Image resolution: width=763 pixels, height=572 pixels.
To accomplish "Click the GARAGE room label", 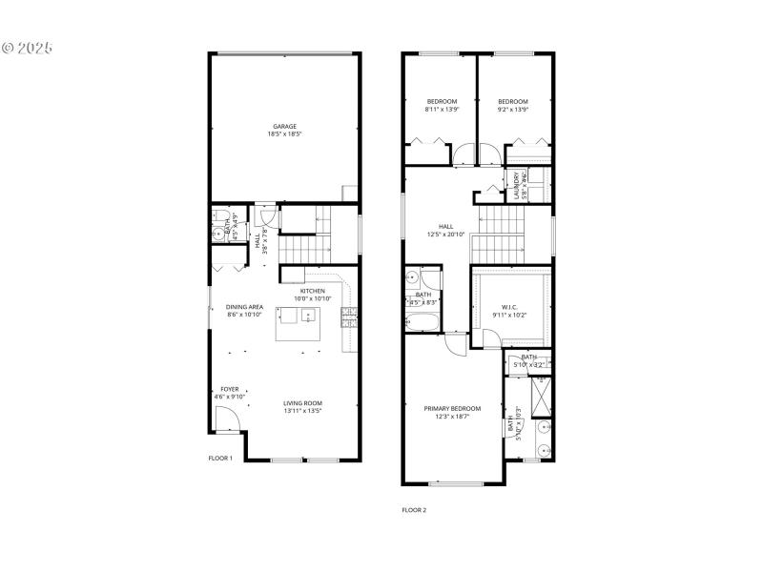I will (x=284, y=126).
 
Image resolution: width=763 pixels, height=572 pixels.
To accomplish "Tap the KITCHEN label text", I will (x=313, y=291).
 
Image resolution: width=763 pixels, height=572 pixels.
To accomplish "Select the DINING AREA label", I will (x=244, y=307).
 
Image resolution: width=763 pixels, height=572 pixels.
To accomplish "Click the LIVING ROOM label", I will (x=302, y=403).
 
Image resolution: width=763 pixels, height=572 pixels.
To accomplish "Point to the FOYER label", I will (x=230, y=389).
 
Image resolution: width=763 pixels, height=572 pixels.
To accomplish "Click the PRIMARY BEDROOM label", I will (x=452, y=408).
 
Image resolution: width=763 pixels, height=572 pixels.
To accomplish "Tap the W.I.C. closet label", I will (x=509, y=306).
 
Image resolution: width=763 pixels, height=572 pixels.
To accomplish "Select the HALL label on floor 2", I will (x=445, y=226).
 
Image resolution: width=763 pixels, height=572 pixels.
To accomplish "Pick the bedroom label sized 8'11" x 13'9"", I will (x=442, y=102).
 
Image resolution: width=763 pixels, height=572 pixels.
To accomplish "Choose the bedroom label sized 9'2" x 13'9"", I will (x=513, y=102).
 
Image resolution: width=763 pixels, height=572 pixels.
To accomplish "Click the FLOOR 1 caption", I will (x=220, y=459).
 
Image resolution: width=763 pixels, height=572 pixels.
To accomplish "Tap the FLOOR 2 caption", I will (x=414, y=510).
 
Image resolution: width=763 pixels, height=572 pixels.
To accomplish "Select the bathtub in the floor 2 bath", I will (x=423, y=321).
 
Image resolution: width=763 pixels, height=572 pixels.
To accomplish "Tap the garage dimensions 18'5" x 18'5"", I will (x=284, y=134).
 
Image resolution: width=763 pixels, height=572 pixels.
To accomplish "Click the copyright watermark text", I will (x=29, y=47).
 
